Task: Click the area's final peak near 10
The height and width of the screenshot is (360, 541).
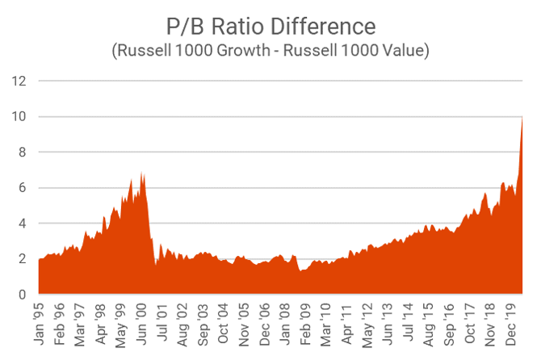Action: click(522, 118)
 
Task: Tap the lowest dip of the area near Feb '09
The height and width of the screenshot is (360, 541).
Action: click(301, 270)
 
